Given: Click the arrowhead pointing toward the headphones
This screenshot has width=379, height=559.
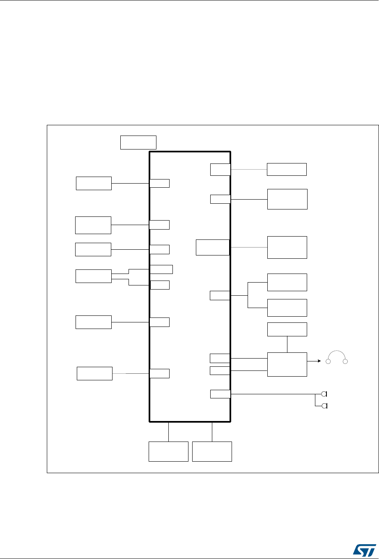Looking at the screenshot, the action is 319,361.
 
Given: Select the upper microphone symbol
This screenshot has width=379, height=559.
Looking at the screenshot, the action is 324,394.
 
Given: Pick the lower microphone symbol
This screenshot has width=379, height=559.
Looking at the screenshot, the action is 324,406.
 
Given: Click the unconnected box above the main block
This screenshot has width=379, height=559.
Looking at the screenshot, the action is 138,142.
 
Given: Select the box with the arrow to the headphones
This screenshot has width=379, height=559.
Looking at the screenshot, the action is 287,364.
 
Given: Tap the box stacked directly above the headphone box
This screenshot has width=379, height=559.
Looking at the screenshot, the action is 287,329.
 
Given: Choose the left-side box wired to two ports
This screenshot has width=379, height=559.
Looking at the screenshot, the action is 94,276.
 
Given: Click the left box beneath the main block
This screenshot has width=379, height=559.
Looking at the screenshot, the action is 168,452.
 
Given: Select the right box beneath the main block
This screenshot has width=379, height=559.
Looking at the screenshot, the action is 212,452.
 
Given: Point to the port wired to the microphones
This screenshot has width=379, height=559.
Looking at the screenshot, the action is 220,394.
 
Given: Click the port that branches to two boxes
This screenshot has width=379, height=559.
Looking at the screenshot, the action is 220,295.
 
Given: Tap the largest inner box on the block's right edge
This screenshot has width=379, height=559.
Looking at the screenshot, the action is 212,247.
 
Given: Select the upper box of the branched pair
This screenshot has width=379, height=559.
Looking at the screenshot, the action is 287,282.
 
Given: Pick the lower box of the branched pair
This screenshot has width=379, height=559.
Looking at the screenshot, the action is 287,308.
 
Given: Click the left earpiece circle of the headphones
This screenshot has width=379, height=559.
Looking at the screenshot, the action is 328,361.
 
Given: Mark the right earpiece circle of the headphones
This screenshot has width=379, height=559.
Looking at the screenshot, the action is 346,361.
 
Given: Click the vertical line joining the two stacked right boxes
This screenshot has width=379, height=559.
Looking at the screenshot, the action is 287,344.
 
